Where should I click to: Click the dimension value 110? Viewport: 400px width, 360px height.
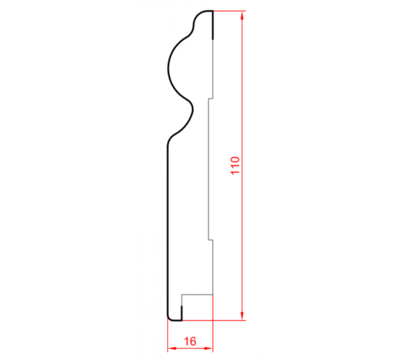point(235,166)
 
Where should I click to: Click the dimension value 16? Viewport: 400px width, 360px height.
point(190,342)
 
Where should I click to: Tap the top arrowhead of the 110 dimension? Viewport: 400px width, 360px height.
point(242,15)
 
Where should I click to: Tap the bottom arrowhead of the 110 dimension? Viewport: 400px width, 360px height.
point(242,315)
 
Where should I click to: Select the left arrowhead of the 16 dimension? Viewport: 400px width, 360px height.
point(172,348)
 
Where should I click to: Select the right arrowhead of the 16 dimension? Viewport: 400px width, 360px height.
point(208,348)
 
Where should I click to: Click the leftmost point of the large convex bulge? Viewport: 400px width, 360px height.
point(168,69)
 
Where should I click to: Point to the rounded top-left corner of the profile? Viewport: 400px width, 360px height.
point(198,14)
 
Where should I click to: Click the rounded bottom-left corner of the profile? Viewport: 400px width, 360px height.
point(170,318)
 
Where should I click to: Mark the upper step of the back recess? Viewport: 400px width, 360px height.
point(210,98)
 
